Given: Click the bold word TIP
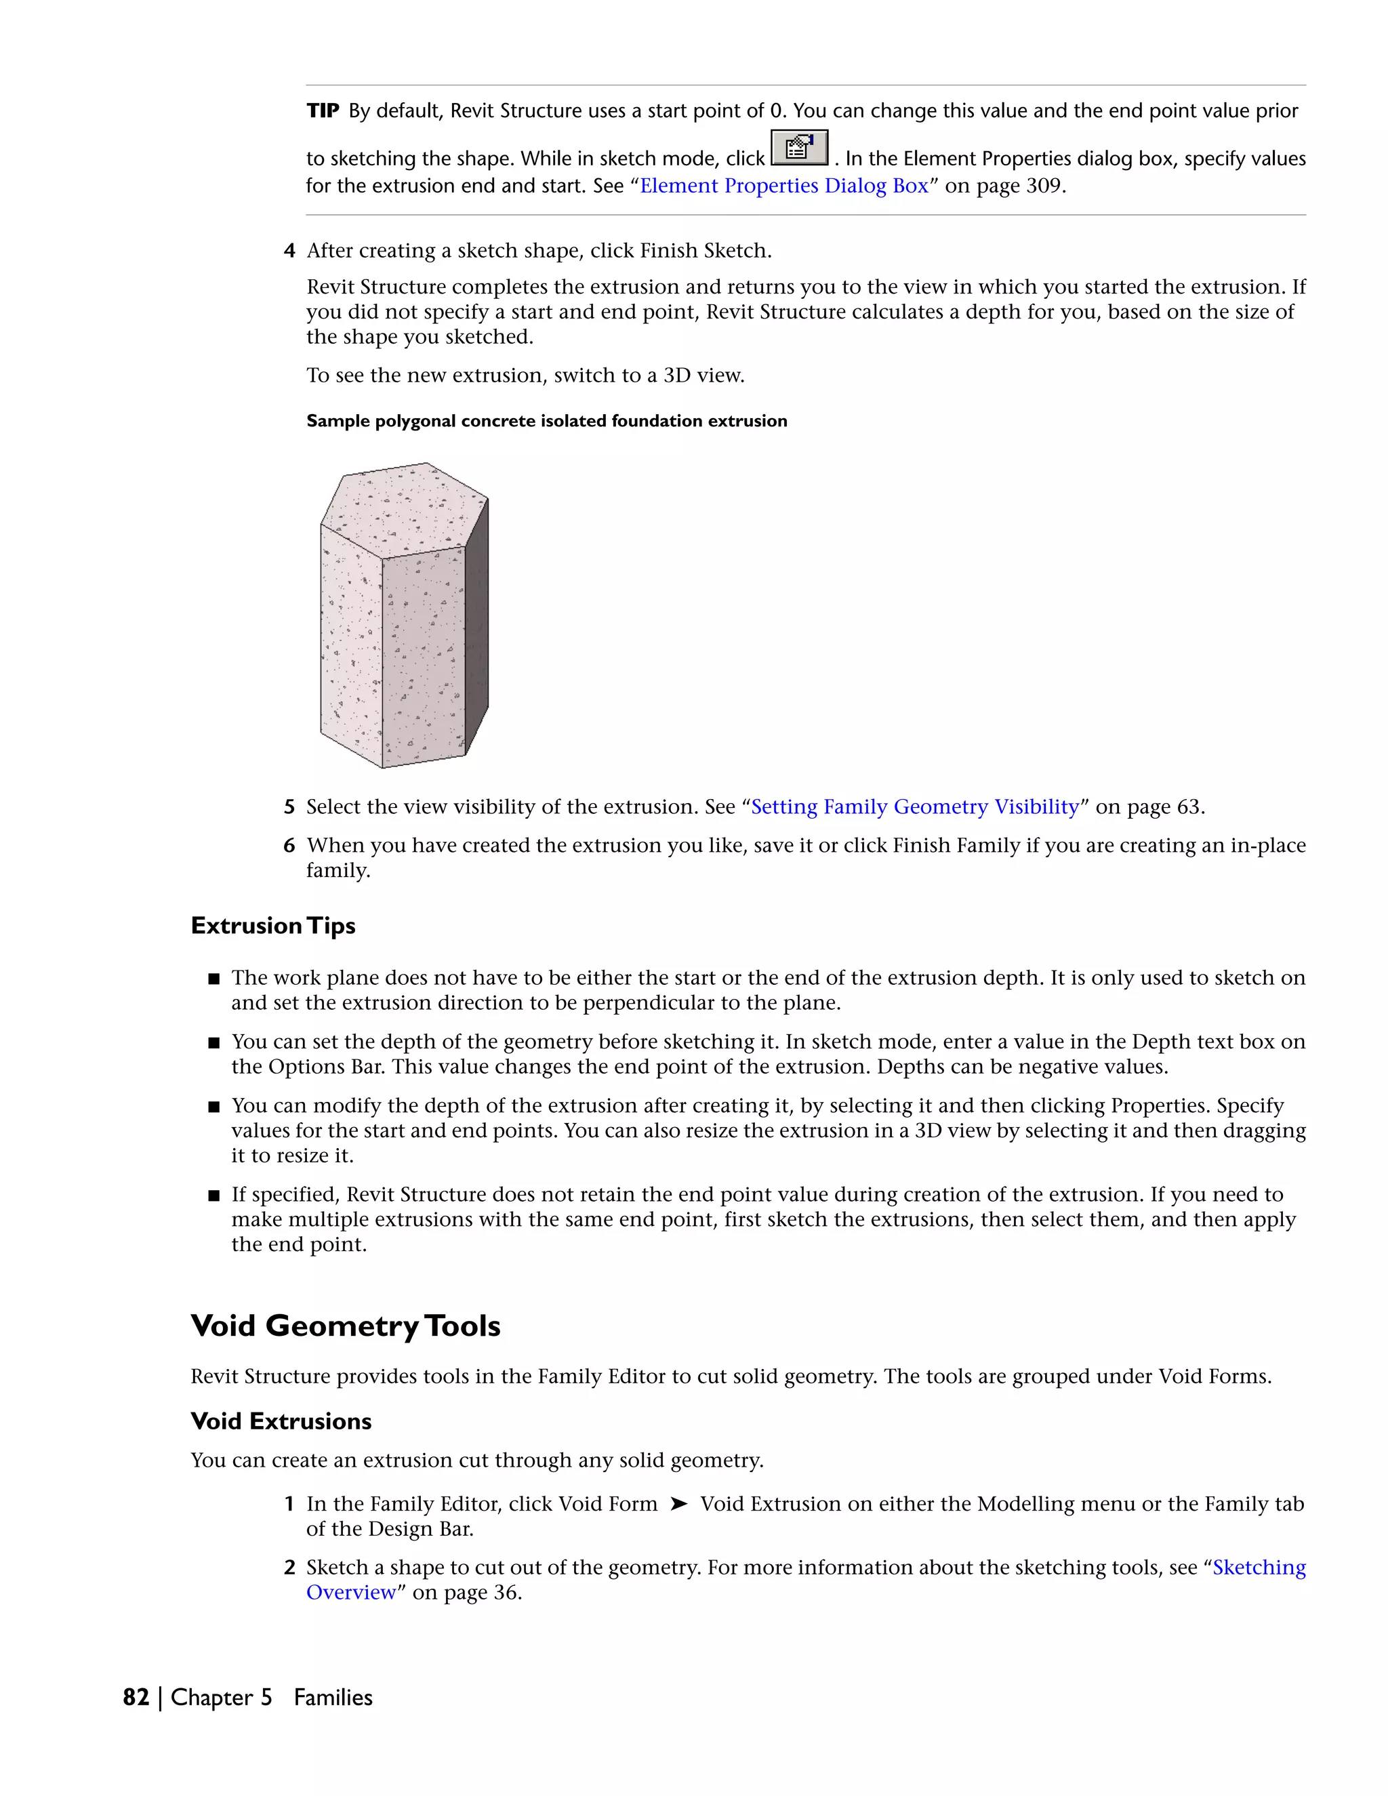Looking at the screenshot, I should [323, 111].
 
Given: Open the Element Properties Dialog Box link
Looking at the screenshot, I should [783, 186].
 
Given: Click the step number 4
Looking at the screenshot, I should [289, 251].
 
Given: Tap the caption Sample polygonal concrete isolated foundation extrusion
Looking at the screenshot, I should [547, 421].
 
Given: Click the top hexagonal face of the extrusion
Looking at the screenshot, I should [403, 508].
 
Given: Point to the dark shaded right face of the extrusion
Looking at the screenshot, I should [477, 625].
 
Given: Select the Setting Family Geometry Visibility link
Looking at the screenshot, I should [914, 807].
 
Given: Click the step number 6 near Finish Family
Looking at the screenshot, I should [289, 845].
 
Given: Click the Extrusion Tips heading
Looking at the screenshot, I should [273, 926].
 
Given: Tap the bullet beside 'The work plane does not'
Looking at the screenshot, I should [213, 979].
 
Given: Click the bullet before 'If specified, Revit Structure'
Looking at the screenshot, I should [213, 1196].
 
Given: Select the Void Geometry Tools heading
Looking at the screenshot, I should [346, 1326].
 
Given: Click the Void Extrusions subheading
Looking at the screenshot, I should [281, 1421].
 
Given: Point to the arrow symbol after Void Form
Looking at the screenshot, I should [678, 1504].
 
